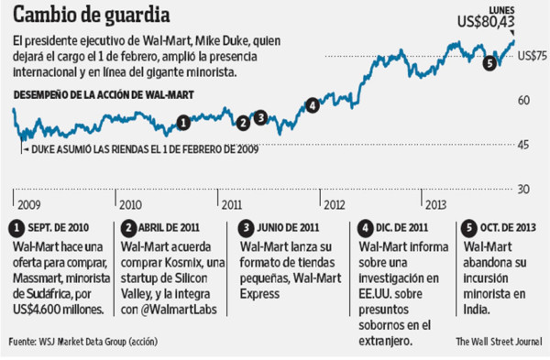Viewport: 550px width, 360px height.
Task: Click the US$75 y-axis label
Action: click(x=533, y=56)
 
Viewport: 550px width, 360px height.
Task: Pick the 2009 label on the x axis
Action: click(x=27, y=204)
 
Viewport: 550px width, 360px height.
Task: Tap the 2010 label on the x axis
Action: click(x=131, y=204)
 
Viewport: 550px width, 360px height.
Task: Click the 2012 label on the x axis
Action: click(x=333, y=204)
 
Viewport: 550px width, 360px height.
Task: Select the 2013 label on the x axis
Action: click(x=434, y=204)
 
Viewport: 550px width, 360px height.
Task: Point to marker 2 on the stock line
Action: click(x=243, y=122)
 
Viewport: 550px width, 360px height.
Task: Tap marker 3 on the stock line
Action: click(x=260, y=116)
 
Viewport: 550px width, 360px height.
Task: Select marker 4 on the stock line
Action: click(x=313, y=104)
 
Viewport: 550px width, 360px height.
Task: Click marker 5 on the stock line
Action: click(x=489, y=62)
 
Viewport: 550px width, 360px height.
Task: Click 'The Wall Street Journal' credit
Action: click(x=497, y=343)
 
